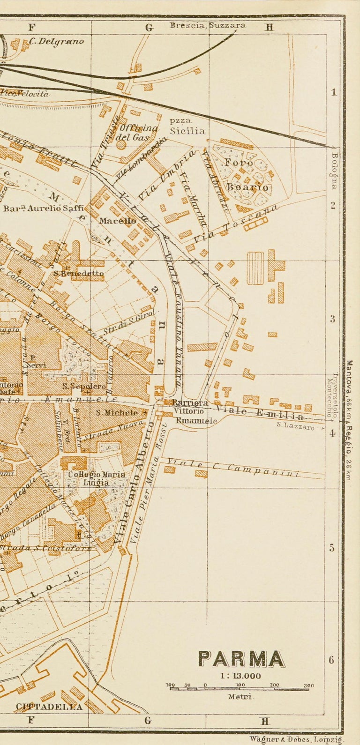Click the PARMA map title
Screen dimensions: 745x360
click(x=241, y=659)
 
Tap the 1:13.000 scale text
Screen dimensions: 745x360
click(x=240, y=676)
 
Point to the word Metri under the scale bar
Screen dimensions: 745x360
click(x=241, y=697)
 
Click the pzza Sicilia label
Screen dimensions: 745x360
click(x=187, y=127)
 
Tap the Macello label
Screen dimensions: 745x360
click(x=118, y=221)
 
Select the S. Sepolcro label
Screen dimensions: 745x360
click(x=84, y=387)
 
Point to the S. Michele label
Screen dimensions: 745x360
click(x=117, y=413)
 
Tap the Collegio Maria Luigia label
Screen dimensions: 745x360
click(x=97, y=478)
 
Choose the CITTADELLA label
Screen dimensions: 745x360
click(x=49, y=707)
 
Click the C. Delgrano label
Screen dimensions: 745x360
click(x=56, y=41)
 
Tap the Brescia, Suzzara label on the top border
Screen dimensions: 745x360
click(x=208, y=25)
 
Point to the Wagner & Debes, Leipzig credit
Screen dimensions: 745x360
click(x=296, y=738)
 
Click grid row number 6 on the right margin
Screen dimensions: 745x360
click(x=331, y=660)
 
